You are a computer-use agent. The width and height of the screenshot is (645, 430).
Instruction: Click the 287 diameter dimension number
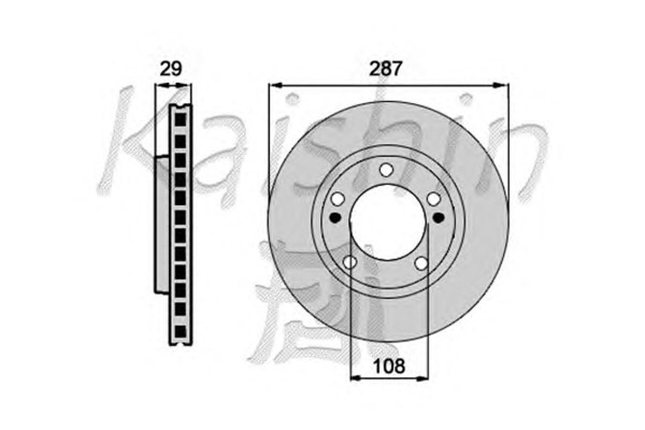point(386,69)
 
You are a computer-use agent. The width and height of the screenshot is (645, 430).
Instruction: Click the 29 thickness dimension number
point(171,69)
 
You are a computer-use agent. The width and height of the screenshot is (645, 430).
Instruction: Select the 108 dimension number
point(389,366)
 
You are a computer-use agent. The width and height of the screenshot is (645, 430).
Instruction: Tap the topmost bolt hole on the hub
point(386,170)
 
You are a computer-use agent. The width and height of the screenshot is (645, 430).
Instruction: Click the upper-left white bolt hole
point(338,199)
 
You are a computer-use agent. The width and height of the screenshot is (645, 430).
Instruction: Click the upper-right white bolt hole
point(434,199)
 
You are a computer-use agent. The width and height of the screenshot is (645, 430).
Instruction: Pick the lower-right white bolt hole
point(421,264)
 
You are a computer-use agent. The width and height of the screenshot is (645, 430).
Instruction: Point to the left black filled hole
point(335,218)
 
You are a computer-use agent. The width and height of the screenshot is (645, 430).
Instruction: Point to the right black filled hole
point(439,218)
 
